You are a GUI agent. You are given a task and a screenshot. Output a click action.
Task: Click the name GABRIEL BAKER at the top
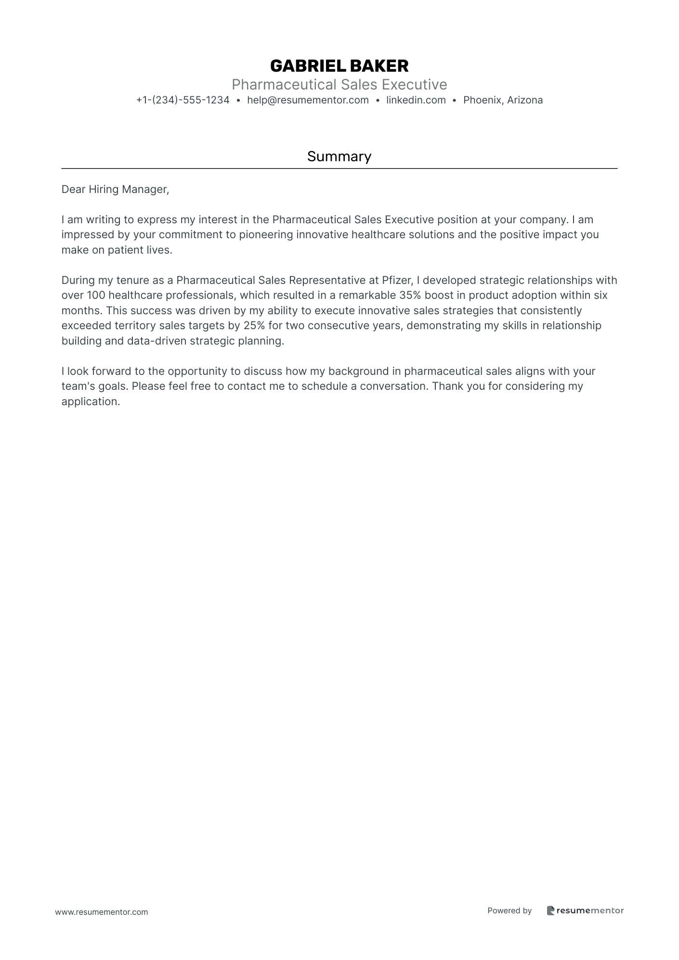point(339,66)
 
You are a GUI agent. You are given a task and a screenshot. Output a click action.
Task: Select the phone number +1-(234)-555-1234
point(183,100)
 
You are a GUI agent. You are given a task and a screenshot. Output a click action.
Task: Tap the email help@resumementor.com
point(308,100)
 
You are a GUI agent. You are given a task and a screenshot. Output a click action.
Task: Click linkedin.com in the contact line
point(416,100)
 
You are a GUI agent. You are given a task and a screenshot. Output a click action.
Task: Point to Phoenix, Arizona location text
point(503,100)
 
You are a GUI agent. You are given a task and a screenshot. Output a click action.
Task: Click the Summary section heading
point(339,156)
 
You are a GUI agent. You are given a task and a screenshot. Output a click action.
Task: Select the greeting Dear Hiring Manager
point(115,190)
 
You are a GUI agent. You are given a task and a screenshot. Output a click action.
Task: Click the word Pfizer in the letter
point(397,281)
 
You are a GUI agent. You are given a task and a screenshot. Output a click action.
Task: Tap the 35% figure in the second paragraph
point(410,295)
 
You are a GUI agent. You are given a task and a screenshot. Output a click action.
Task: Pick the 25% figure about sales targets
point(254,326)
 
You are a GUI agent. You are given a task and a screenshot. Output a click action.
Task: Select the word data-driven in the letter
point(157,341)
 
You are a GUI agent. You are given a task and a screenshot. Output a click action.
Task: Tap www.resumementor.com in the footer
point(102,912)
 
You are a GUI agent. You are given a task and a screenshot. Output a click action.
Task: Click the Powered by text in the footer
point(509,910)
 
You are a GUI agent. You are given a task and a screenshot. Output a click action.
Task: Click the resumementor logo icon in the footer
point(550,910)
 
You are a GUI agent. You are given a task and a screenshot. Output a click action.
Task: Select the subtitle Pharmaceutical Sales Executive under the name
point(339,85)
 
